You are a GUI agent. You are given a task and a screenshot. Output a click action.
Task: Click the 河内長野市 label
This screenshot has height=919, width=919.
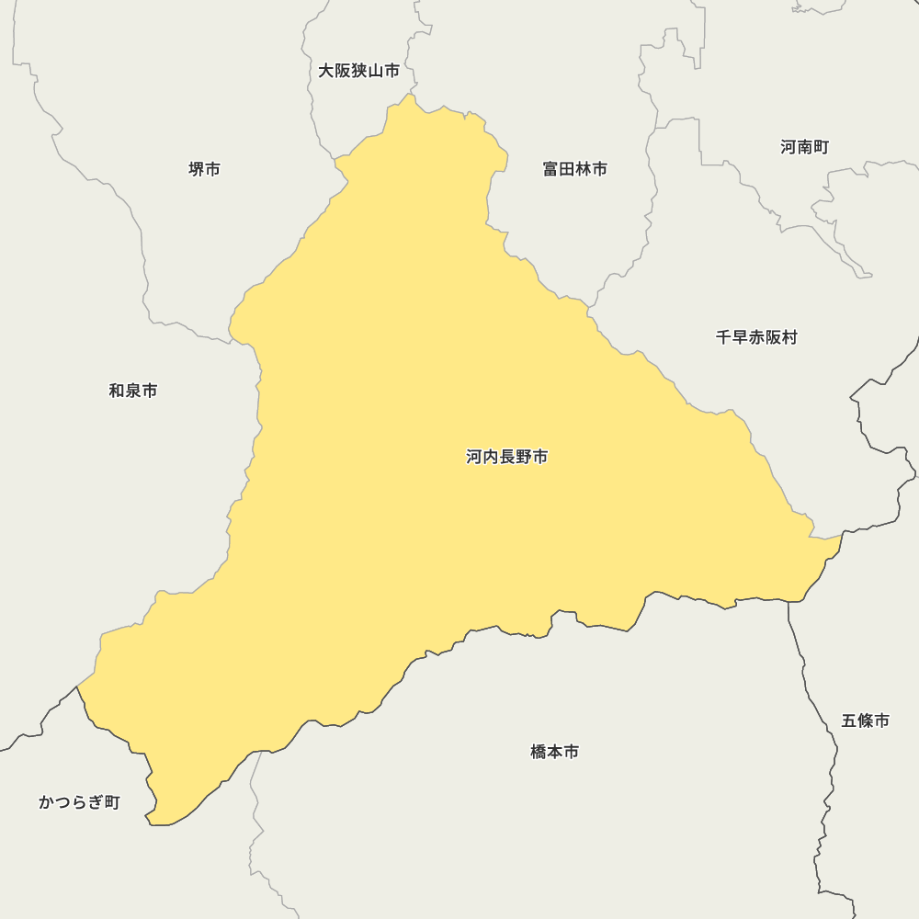[x=506, y=457]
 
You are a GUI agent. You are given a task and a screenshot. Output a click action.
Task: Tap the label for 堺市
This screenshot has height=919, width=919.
[x=204, y=169]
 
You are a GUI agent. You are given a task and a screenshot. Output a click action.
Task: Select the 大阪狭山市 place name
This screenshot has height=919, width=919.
[x=358, y=71]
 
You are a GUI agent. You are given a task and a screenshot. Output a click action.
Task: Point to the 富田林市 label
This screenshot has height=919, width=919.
[x=574, y=169]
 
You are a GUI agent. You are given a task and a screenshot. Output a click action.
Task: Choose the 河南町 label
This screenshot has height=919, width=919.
[x=804, y=147]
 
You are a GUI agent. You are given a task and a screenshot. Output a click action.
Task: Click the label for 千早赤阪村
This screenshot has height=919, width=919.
[x=756, y=337]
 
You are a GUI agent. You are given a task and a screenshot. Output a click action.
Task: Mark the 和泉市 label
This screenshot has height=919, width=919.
[x=133, y=391]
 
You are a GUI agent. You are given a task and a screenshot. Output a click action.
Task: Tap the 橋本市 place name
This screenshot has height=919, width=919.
[x=554, y=752]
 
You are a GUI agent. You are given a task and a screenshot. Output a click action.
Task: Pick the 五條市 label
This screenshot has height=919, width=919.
[x=865, y=720]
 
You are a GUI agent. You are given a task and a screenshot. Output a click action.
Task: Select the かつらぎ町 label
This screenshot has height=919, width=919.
[x=79, y=802]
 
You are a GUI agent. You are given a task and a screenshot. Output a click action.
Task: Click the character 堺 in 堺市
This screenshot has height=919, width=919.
[x=196, y=169]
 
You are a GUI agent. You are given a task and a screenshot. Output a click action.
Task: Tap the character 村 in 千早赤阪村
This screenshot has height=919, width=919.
[x=789, y=337]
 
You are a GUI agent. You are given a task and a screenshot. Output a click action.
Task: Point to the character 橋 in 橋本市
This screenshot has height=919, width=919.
[x=539, y=752]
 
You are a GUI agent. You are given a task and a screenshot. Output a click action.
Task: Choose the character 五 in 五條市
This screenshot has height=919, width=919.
[x=849, y=720]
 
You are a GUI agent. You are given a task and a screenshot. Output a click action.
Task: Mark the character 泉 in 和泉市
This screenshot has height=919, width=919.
[x=133, y=391]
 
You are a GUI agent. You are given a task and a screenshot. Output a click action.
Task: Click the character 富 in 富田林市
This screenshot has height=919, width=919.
[x=550, y=169]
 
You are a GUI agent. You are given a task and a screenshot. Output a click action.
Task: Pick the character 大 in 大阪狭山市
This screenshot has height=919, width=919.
[x=326, y=71]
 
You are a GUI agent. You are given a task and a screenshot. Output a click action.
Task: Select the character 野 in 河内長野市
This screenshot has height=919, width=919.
[x=523, y=457]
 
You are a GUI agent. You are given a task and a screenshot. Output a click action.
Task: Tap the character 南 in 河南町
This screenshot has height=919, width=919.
[x=804, y=147]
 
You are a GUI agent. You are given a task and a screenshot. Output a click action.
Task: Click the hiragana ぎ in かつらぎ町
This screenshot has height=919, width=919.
[x=95, y=802]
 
